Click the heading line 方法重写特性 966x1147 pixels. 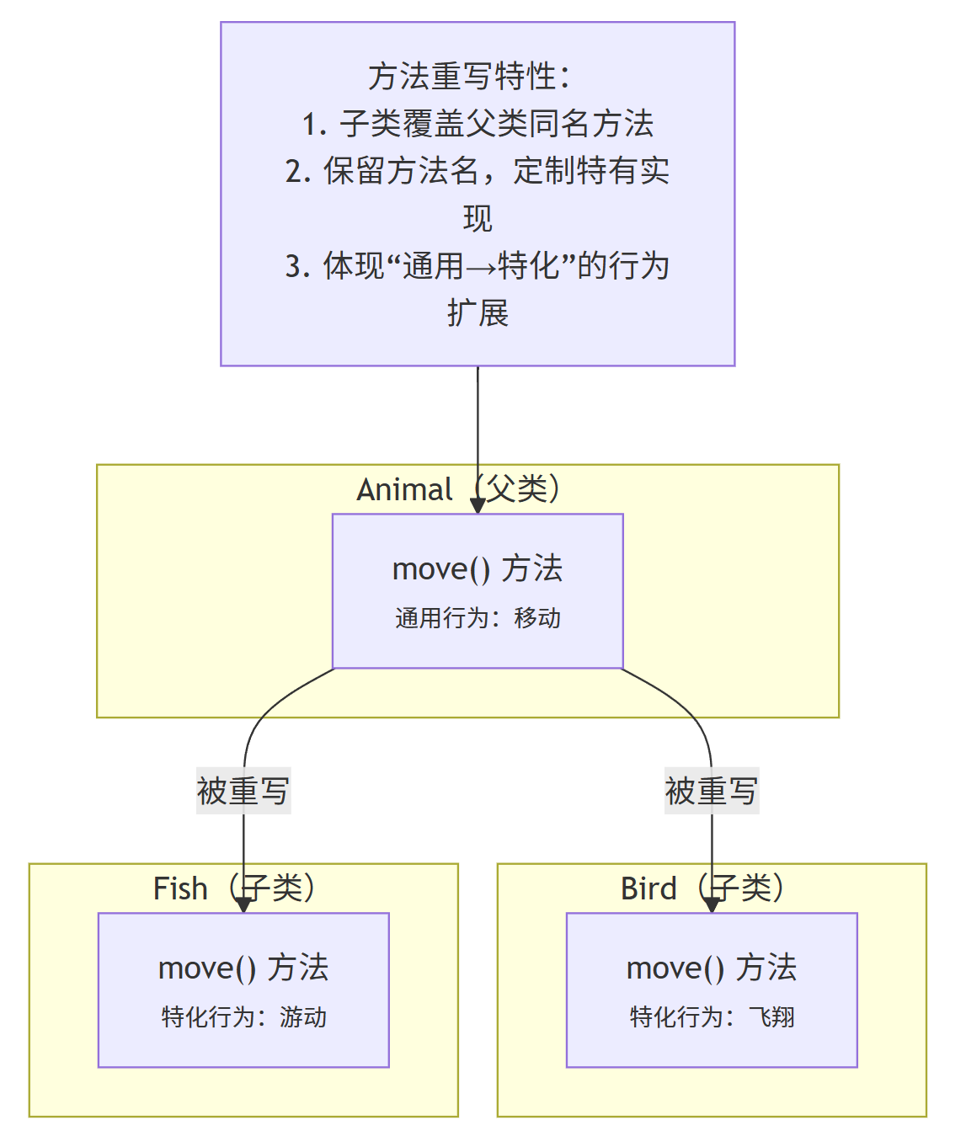[x=469, y=77]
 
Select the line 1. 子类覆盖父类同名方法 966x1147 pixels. [x=478, y=124]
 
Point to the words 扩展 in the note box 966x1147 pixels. [x=478, y=313]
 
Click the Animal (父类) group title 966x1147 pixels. [x=459, y=489]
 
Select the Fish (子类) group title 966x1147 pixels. [x=235, y=888]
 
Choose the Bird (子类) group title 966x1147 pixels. [x=703, y=888]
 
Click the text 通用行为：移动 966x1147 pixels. [x=478, y=618]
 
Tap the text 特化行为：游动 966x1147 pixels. [x=244, y=1017]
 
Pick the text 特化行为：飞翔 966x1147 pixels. [x=712, y=1017]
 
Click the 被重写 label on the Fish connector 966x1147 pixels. [x=243, y=791]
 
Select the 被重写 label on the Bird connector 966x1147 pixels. [x=712, y=791]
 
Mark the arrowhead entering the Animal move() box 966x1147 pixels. [x=478, y=505]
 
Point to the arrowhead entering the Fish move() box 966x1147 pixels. [x=243, y=904]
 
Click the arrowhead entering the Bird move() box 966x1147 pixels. [x=712, y=904]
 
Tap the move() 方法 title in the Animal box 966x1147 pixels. [x=478, y=569]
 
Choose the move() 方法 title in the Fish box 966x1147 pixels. [x=243, y=968]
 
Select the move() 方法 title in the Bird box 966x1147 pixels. [x=712, y=968]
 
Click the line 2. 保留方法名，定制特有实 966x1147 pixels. [x=478, y=171]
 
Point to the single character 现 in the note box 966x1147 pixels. [x=478, y=219]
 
